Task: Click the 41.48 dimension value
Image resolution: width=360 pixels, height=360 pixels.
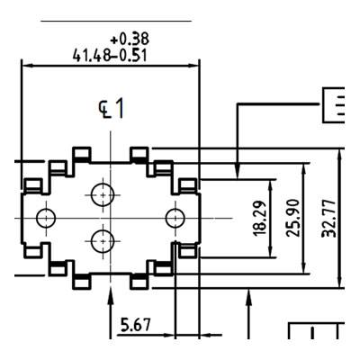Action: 92,56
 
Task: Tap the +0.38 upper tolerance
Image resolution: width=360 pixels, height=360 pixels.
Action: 130,39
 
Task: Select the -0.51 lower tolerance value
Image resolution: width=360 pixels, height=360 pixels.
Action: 129,56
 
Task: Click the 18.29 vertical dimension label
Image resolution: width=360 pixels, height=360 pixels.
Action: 260,218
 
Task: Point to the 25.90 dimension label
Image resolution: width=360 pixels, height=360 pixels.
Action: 293,218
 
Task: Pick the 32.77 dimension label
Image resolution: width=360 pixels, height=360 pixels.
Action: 328,218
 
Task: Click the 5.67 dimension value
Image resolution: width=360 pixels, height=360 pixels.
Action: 135,325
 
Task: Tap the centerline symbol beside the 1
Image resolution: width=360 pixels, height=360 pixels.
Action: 103,110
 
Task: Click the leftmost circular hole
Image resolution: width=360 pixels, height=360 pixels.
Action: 46,218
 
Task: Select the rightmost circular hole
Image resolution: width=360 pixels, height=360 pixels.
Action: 175,218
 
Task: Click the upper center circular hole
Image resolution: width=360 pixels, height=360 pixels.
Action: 103,195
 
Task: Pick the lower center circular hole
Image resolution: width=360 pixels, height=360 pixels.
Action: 103,241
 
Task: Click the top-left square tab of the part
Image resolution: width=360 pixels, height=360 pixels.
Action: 82,153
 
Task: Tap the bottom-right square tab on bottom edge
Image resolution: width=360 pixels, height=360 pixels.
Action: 139,283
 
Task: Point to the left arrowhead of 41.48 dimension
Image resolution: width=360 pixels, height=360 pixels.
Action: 27,66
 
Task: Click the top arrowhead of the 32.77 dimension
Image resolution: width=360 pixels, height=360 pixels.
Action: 339,154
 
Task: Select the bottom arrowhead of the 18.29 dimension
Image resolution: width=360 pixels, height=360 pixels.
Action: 271,252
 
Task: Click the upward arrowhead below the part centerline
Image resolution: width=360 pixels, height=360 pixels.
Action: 111,295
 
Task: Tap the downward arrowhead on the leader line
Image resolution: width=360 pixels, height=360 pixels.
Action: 238,174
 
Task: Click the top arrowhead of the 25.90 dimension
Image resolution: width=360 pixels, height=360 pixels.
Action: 305,169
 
